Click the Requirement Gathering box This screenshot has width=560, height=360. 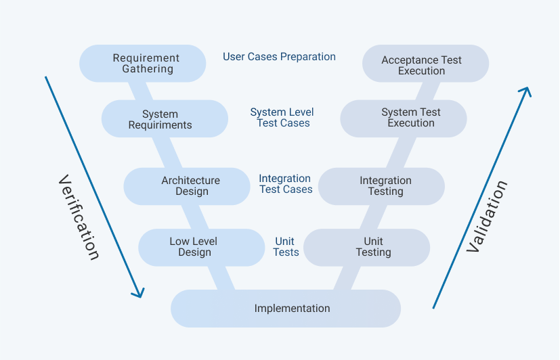(x=143, y=64)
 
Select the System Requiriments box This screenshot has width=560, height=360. (x=165, y=119)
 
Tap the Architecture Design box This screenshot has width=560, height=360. (x=187, y=186)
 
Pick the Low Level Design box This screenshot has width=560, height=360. (x=201, y=247)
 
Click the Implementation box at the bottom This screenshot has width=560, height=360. (x=286, y=309)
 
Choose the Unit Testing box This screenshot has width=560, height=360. (x=366, y=247)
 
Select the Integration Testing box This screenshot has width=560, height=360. (x=381, y=186)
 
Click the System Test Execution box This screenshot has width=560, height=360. (x=404, y=118)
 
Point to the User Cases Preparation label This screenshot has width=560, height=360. (x=279, y=57)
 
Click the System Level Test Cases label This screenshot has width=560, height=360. (x=282, y=118)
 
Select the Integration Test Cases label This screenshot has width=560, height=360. (x=285, y=184)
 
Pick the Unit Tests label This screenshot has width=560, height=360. (x=285, y=247)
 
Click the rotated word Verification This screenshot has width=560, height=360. (x=79, y=217)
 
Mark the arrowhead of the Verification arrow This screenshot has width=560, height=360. (x=139, y=294)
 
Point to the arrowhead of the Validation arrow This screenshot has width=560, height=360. (x=526, y=91)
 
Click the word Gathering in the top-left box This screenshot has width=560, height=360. (x=148, y=69)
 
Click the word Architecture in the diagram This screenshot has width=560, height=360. (x=190, y=181)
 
